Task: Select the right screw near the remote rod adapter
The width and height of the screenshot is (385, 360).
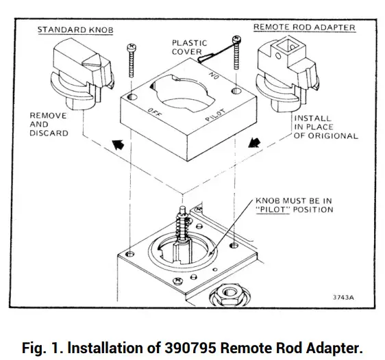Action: pos(237,52)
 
